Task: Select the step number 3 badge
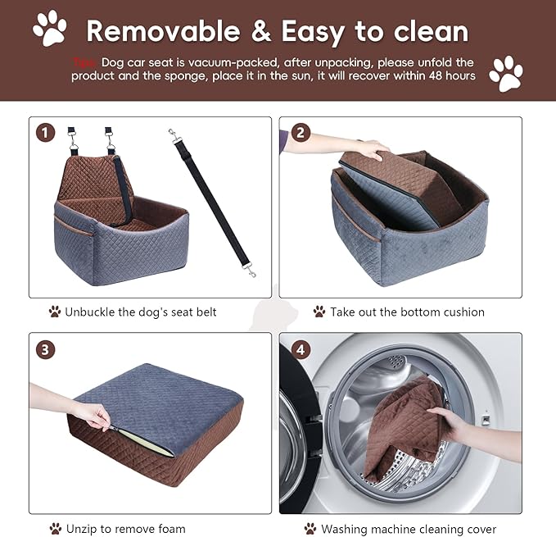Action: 46,349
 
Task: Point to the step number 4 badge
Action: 301,349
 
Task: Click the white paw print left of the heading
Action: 50,27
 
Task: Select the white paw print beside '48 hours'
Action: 505,73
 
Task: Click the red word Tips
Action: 85,62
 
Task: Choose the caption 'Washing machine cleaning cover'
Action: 409,529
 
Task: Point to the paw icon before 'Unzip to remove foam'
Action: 55,529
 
